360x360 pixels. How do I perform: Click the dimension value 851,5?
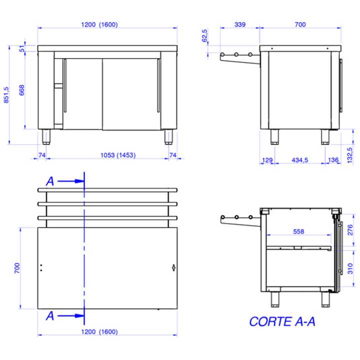[x=6, y=95]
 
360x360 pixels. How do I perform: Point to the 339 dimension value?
[x=239, y=24]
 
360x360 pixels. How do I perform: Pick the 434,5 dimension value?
[x=299, y=160]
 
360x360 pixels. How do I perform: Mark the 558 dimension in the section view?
[x=298, y=231]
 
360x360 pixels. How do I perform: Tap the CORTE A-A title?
[x=282, y=321]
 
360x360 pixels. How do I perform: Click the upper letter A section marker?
[x=50, y=181]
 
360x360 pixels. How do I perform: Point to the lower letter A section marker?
[x=50, y=315]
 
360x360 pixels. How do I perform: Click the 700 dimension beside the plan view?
[x=16, y=268]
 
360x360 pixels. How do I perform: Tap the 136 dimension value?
[x=333, y=160]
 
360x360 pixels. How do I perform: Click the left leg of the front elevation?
[x=46, y=136]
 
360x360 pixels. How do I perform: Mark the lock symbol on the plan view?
[x=173, y=267]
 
